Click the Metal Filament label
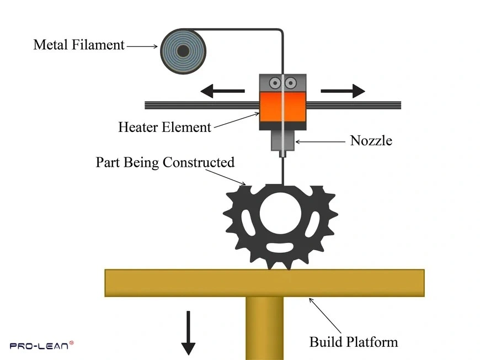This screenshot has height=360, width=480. click(79, 45)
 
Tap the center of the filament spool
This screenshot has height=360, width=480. click(183, 51)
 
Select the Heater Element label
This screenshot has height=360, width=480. click(164, 127)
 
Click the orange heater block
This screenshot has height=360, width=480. click(282, 107)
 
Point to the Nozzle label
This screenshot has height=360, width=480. click(371, 141)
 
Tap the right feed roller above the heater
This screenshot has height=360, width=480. click(291, 83)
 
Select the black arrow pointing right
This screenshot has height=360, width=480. click(343, 91)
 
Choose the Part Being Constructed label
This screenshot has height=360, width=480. click(165, 162)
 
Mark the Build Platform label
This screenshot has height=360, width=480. click(353, 342)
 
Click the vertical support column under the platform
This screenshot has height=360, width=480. click(264, 328)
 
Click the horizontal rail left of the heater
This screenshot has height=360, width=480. click(201, 104)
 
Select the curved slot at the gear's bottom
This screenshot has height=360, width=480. click(281, 247)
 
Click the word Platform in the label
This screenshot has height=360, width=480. click(375, 342)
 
